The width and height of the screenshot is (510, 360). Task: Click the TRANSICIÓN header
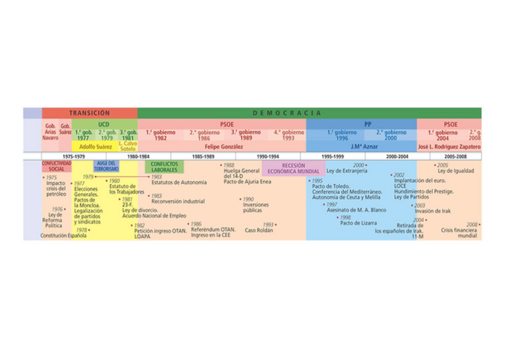(89, 113)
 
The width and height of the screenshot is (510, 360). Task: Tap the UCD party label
(104, 124)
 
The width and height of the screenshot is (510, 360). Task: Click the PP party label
(367, 124)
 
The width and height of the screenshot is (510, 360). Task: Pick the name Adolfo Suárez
(96, 147)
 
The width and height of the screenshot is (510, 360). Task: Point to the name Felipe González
(223, 147)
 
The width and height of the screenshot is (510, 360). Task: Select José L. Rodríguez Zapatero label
(449, 147)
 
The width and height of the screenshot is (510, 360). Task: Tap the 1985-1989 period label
(203, 156)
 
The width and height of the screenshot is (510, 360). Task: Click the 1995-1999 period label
(333, 156)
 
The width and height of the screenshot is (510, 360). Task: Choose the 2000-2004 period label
(398, 156)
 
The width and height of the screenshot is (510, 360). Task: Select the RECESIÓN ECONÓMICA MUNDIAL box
(293, 168)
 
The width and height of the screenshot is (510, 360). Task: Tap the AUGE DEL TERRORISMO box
(106, 166)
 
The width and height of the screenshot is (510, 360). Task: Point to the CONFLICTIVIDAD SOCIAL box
(56, 166)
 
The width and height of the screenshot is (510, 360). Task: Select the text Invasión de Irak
(432, 211)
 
